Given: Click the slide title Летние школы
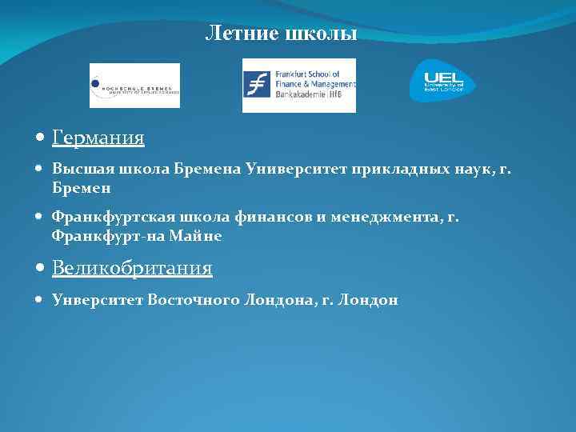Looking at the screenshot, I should coord(281,34).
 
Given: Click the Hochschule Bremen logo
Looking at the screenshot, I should coord(134,86).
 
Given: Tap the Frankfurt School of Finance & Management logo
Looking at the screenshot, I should coord(299,86).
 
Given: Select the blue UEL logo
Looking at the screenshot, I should coord(442,82).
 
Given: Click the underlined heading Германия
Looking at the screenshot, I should coord(98,138).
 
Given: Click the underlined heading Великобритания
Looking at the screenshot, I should coord(132,268).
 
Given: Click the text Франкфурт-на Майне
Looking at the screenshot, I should coord(137,237).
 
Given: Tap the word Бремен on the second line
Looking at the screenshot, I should coord(81,189).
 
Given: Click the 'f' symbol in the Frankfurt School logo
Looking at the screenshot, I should coord(257,84).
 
